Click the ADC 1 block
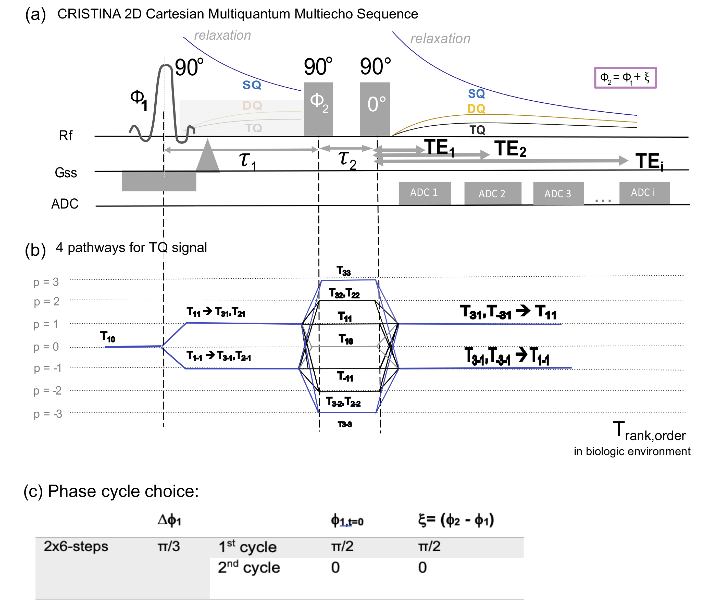click(x=424, y=193)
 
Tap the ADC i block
click(x=644, y=193)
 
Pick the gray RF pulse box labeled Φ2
click(x=318, y=109)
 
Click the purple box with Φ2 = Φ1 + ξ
click(x=625, y=78)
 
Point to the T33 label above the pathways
click(x=344, y=271)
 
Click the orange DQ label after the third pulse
click(x=476, y=109)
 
